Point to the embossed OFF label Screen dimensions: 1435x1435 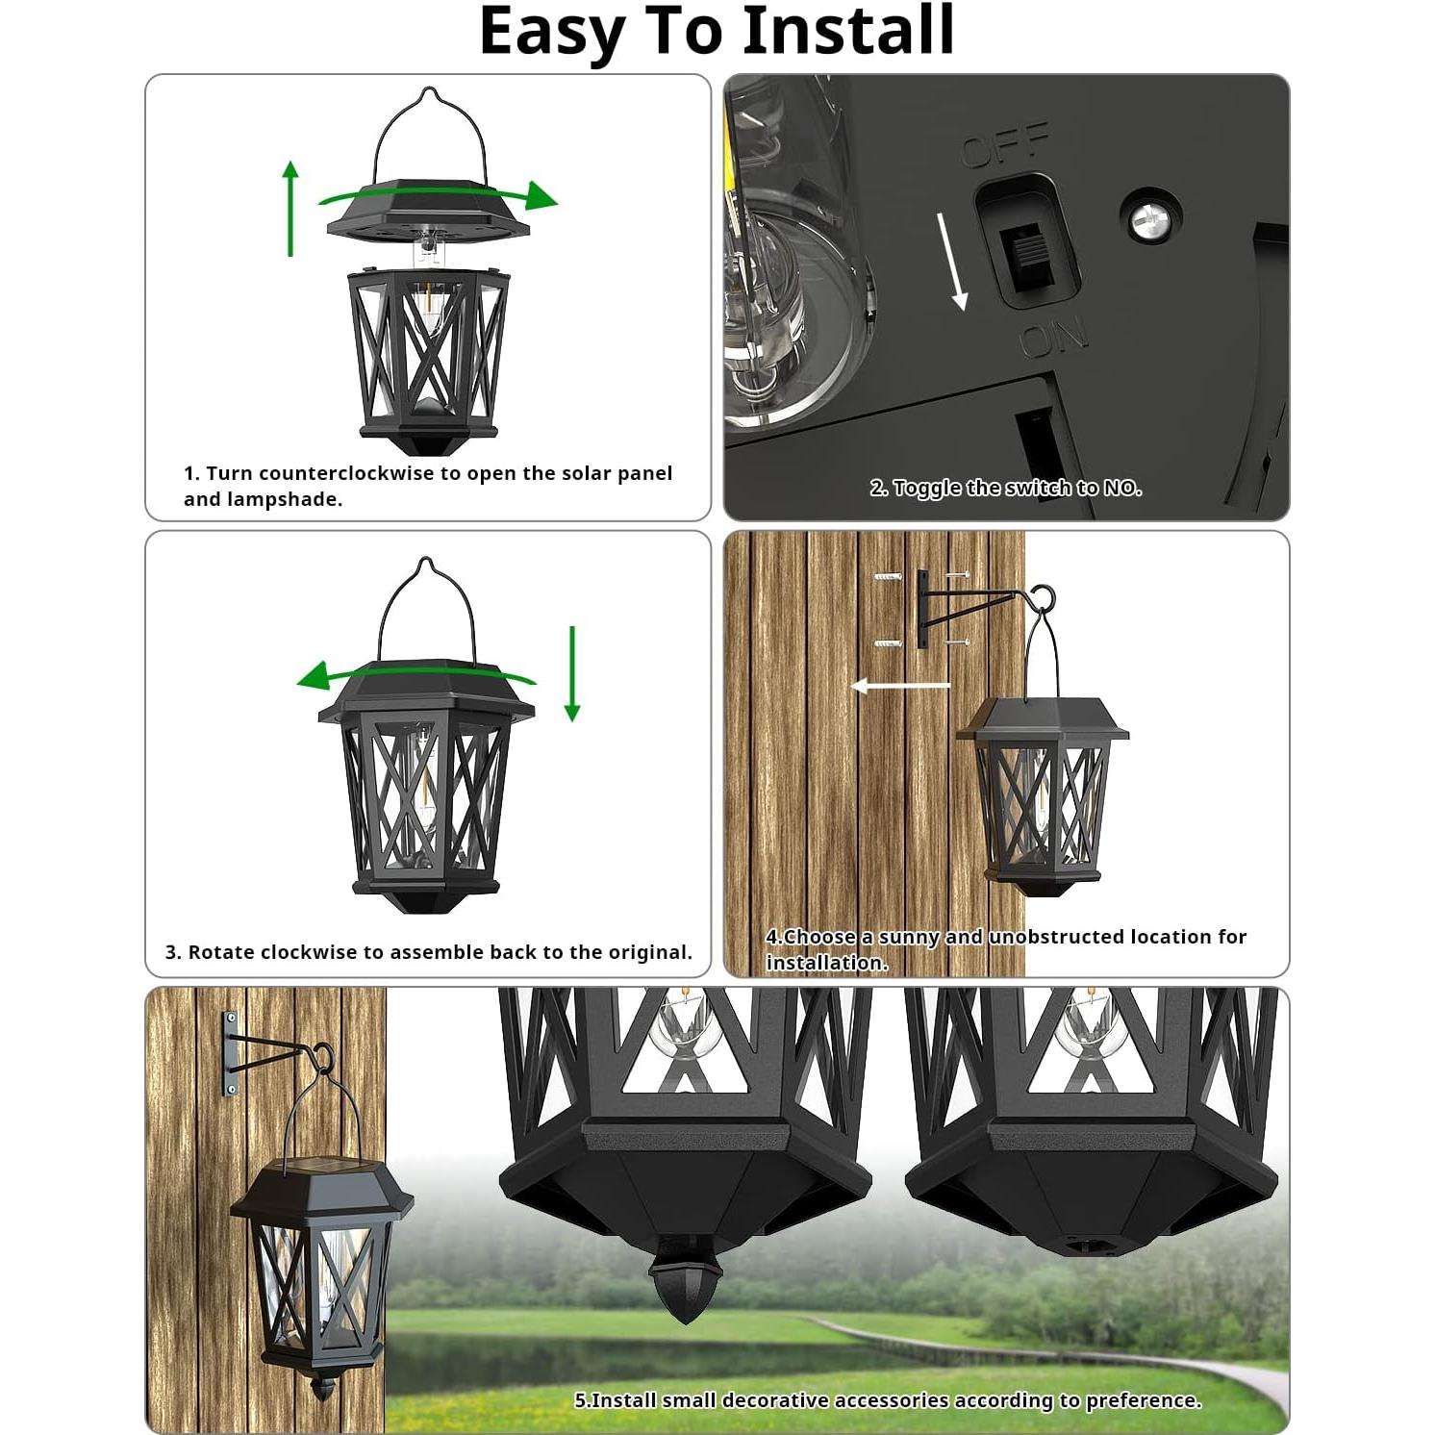pos(1005,145)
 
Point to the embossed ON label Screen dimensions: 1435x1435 pos(1053,337)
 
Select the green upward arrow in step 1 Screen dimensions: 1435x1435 pos(290,209)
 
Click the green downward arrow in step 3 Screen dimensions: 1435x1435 pos(572,673)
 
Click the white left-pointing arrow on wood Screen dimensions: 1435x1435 pos(900,686)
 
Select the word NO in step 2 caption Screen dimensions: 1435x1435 pos(1121,489)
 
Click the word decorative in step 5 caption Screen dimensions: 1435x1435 pos(777,1400)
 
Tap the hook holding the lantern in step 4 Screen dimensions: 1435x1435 pos(1043,600)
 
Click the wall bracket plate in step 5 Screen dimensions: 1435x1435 pos(231,1053)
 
